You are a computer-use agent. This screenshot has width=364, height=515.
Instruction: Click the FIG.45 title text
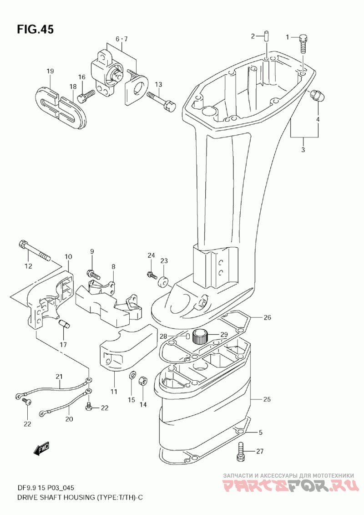click(35, 29)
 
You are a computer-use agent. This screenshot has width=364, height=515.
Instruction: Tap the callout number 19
click(50, 71)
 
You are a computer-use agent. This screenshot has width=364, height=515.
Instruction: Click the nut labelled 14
click(143, 381)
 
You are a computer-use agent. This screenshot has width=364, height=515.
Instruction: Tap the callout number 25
click(267, 399)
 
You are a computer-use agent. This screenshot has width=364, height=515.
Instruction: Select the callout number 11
click(114, 392)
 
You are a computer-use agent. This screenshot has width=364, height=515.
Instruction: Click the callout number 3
click(303, 150)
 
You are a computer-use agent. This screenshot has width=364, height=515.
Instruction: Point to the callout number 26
click(268, 317)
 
